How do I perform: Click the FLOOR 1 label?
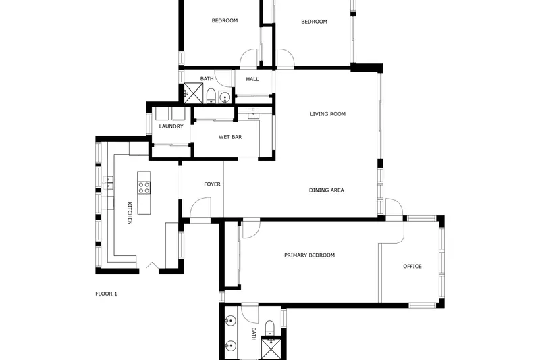click(x=106, y=294)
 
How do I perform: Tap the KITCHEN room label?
click(x=130, y=213)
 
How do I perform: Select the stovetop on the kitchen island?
click(x=144, y=187)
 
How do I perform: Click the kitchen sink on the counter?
click(x=108, y=182)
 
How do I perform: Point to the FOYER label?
click(x=212, y=184)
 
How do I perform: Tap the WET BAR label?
click(x=230, y=137)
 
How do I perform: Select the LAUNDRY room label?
click(x=171, y=126)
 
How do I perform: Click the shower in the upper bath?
click(x=193, y=93)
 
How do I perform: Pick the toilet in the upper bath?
click(x=211, y=96)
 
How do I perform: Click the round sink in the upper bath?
click(x=225, y=97)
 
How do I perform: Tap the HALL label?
click(x=252, y=79)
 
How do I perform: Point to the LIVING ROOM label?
click(x=327, y=114)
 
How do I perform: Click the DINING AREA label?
click(x=327, y=190)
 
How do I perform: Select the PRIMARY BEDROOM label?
click(x=309, y=255)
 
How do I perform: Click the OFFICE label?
click(x=412, y=266)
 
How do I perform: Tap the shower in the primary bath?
click(x=271, y=348)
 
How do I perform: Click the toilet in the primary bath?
click(x=269, y=328)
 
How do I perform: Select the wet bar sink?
click(x=254, y=113)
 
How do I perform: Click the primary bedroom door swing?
click(x=251, y=229)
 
